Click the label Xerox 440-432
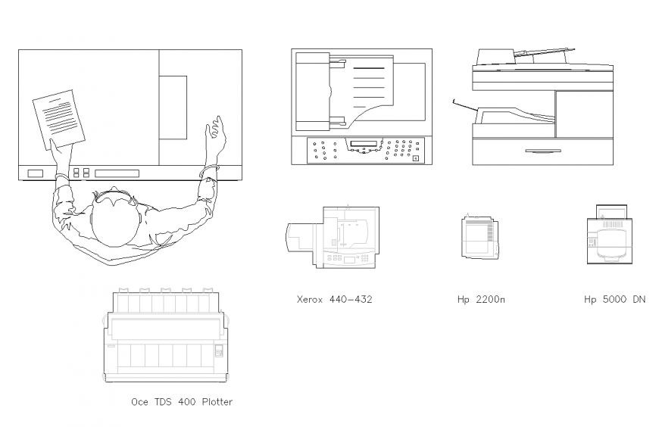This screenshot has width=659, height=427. (334, 299)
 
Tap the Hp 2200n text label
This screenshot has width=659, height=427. (481, 299)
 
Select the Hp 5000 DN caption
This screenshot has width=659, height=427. (614, 299)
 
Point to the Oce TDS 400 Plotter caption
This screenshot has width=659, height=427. (182, 402)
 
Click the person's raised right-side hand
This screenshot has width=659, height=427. (216, 129)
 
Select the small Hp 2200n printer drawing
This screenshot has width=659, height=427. (479, 237)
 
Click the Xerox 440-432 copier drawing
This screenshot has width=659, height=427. (333, 236)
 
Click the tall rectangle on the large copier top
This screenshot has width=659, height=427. (173, 107)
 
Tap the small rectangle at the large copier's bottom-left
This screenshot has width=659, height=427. (36, 173)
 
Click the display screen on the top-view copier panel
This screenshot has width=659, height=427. (362, 143)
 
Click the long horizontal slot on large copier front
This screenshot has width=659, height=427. (117, 173)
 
